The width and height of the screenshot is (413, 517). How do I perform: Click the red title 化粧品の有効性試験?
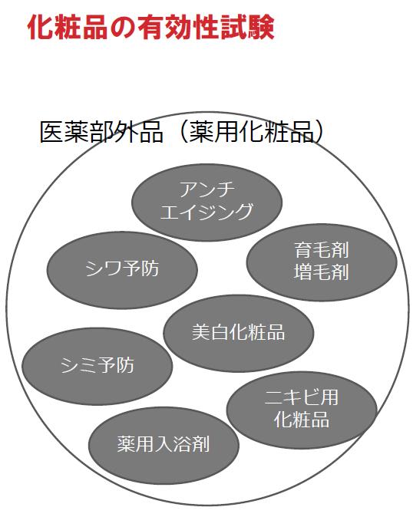[x=150, y=28]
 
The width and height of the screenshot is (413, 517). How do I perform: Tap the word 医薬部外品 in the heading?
[x=101, y=133]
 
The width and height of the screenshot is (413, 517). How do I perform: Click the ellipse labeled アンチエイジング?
[x=206, y=203]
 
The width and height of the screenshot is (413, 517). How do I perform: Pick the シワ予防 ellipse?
[x=122, y=270]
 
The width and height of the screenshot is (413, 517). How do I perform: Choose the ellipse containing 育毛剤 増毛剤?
[x=322, y=262]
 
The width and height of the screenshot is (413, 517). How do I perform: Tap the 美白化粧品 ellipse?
[x=239, y=334]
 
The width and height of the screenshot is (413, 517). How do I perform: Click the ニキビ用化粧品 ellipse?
[x=302, y=410]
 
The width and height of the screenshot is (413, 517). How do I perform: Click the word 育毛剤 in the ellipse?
[x=322, y=250]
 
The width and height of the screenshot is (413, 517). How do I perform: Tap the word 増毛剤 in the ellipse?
[x=322, y=272]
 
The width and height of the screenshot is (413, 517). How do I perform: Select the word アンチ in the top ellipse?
[x=207, y=189]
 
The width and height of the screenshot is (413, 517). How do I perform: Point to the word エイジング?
[x=206, y=212]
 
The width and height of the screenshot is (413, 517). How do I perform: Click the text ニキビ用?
[x=302, y=397]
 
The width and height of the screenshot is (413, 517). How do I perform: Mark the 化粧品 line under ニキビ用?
[x=302, y=420]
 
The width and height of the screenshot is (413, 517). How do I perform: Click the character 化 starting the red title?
[x=41, y=28]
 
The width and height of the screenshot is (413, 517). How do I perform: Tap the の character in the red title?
[x=123, y=28]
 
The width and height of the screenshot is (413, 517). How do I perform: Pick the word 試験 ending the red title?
[x=247, y=28]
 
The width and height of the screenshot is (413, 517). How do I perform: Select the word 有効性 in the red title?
[x=178, y=28]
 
